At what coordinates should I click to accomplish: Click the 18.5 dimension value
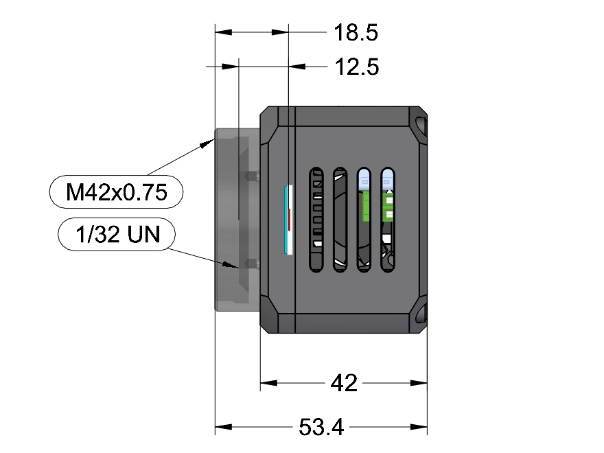point(356,32)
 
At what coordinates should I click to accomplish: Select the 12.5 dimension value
point(357,67)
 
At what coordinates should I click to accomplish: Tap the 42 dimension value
point(344,383)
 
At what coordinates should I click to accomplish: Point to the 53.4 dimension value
point(321,427)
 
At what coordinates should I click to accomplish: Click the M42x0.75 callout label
point(116,191)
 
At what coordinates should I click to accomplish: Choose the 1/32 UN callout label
point(117,234)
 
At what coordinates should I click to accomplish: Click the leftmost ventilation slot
point(316,220)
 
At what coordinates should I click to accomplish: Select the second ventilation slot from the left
point(340,220)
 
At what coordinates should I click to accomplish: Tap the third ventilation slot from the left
point(364,220)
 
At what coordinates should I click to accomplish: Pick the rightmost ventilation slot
point(388,220)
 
